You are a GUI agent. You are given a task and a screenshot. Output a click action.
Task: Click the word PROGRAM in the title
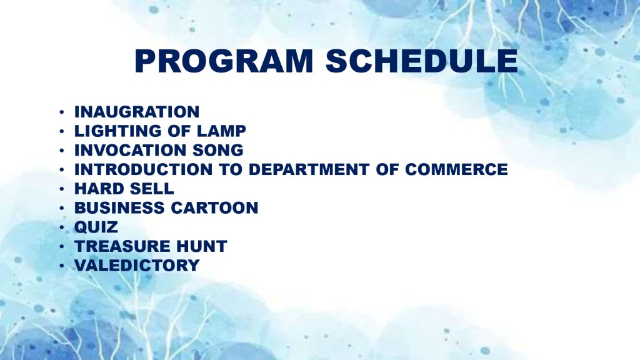[224, 61]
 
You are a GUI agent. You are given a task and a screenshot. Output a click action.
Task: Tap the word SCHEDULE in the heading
[422, 61]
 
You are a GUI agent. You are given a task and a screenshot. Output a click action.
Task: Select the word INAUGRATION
[137, 112]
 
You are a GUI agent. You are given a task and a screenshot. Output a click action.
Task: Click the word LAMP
[221, 131]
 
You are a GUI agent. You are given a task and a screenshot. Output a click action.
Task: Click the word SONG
[218, 150]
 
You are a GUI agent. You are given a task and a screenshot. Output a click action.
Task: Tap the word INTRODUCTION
[143, 169]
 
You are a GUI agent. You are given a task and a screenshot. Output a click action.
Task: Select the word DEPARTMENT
[309, 169]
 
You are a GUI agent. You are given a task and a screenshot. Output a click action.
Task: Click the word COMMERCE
[456, 169]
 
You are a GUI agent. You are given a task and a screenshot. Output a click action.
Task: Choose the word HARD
[97, 189]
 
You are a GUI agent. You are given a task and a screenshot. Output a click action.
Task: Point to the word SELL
[150, 189]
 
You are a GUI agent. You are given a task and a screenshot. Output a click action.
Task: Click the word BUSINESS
[119, 207]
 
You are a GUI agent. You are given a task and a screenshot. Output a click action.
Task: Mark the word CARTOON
[214, 207]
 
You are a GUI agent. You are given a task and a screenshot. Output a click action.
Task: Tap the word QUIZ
[96, 227]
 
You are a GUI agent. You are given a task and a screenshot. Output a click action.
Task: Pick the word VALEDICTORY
[137, 265]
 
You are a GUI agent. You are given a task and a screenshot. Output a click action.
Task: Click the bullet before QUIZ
[62, 227]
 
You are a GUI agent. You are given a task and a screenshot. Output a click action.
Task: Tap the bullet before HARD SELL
[62, 189]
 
